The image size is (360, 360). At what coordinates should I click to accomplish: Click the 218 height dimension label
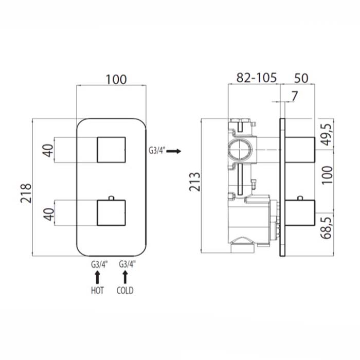tap(26, 193)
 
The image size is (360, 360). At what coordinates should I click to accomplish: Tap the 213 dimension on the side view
tap(194, 182)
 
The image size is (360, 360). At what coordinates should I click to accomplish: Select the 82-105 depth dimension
tap(257, 78)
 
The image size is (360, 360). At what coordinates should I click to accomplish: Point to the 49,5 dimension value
tap(327, 134)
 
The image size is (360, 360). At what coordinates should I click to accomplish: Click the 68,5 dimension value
tap(327, 228)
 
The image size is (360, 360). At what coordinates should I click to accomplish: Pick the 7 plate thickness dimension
tap(295, 96)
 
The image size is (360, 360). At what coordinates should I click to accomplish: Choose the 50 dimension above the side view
tap(301, 78)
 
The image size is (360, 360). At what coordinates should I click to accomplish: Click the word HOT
tap(97, 291)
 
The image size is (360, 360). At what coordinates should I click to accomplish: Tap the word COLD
tap(125, 291)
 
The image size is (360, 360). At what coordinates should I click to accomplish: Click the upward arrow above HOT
tap(97, 277)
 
